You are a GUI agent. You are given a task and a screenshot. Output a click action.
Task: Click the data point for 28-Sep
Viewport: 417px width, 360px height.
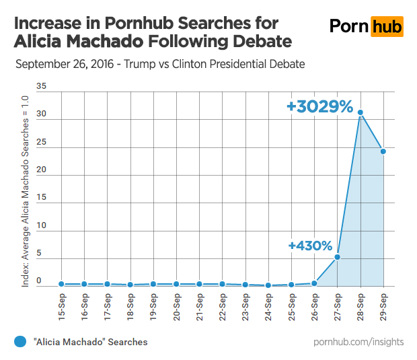click(x=361, y=112)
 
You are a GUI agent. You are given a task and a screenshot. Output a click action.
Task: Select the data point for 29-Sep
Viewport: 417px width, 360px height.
click(x=383, y=151)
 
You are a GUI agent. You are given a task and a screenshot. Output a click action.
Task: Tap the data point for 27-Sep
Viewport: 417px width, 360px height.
click(x=338, y=256)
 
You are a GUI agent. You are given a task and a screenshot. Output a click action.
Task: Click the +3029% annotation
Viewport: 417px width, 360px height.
click(x=319, y=106)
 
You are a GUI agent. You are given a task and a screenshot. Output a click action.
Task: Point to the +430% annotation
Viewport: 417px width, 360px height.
click(x=310, y=246)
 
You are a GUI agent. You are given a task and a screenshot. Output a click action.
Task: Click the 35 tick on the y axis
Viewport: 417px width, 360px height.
click(x=42, y=86)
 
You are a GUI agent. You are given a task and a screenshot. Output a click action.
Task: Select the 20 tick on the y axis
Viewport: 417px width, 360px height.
click(x=42, y=170)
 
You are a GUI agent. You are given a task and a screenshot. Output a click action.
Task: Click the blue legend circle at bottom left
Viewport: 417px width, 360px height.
click(x=20, y=342)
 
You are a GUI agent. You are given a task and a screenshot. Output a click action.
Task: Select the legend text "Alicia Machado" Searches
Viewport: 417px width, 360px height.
click(x=90, y=342)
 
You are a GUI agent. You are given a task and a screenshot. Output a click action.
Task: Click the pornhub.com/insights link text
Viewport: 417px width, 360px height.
click(x=358, y=342)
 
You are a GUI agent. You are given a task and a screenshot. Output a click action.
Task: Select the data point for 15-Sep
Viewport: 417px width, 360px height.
click(x=62, y=284)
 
